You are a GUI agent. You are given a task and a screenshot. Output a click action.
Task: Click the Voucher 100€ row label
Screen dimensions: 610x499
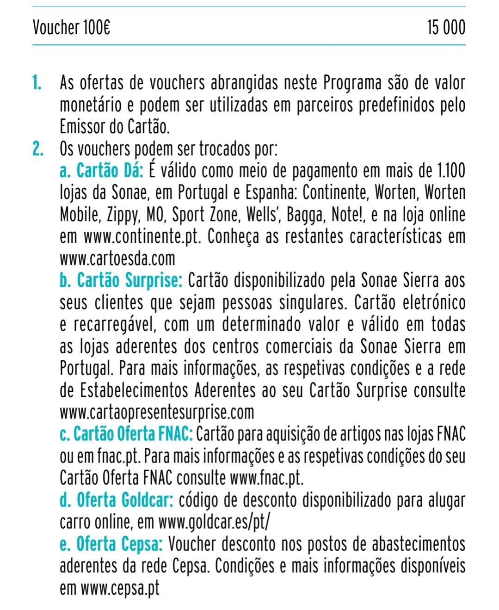71,28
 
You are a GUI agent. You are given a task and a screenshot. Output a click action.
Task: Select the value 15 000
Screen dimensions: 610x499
446,28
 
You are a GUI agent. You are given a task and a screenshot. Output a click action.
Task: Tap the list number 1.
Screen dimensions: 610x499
37,83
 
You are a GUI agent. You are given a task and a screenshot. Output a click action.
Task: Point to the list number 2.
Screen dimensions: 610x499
38,149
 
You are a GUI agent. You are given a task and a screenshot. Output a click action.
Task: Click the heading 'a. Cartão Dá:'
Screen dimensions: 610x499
102,171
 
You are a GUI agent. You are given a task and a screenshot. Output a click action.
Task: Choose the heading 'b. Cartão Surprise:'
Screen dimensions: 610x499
121,281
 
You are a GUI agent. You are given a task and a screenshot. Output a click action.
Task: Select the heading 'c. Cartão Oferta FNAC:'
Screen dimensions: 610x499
126,434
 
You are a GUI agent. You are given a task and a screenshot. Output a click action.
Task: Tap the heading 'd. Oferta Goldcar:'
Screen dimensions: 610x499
117,500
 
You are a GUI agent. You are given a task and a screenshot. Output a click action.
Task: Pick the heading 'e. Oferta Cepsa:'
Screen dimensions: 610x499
111,544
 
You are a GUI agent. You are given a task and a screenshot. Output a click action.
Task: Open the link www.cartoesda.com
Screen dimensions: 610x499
117,259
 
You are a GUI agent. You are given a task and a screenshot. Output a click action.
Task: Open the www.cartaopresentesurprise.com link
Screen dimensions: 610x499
157,412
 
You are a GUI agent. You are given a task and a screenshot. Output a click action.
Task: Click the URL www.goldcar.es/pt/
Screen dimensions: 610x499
214,522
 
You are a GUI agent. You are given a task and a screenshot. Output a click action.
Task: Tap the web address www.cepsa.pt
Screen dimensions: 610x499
120,588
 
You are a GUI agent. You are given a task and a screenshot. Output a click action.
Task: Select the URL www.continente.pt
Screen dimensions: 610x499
142,237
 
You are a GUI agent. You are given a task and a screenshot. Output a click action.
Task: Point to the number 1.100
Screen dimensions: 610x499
451,171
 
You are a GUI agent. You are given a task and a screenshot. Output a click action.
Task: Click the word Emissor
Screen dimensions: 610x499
82,127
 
